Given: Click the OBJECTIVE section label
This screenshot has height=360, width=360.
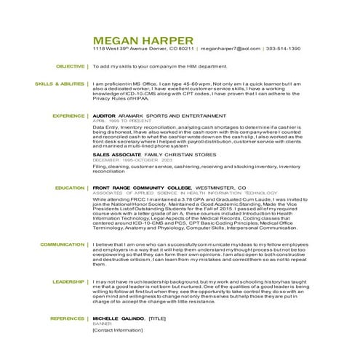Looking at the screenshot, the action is [x=71, y=66].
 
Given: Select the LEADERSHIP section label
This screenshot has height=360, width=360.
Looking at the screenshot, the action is [x=68, y=280].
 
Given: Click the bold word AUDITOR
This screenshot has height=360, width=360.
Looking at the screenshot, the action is [x=105, y=116].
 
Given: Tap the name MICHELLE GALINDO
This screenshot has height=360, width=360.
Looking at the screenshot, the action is [x=117, y=319].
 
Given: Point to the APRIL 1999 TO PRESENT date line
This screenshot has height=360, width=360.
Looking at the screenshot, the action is [x=114, y=121].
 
